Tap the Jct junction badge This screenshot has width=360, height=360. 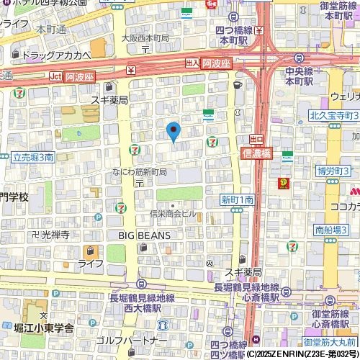click(56, 76)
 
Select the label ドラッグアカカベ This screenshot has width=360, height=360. click(56, 55)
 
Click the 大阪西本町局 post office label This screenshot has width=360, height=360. click(145, 37)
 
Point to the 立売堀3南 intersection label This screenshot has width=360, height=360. click(33, 156)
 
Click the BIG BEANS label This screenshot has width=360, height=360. click(144, 235)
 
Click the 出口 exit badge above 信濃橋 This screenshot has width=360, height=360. click(256, 138)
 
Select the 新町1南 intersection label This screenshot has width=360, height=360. click(237, 199)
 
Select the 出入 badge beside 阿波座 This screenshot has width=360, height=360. click(192, 63)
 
